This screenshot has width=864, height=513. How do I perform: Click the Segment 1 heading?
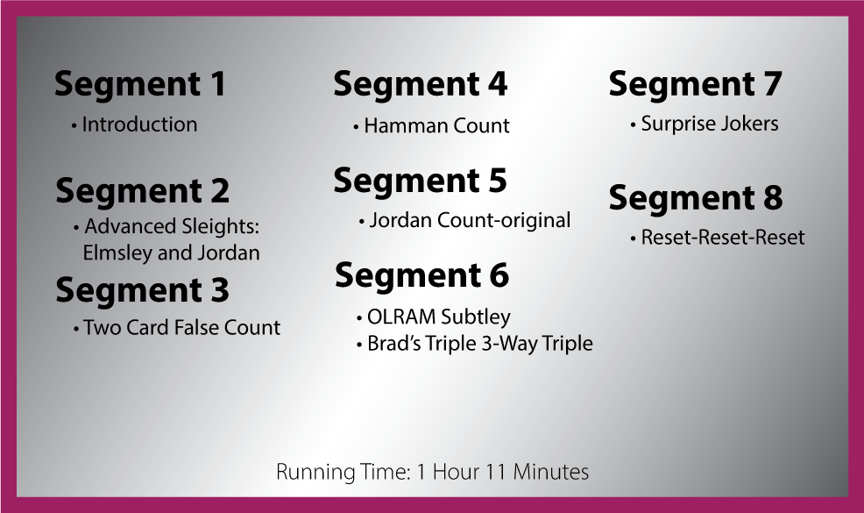click(140, 85)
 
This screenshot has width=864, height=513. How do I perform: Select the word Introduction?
click(139, 125)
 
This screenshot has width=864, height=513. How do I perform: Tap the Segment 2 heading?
click(142, 191)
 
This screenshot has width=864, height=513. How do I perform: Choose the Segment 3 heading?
click(142, 291)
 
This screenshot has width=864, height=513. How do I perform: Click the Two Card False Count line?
click(182, 328)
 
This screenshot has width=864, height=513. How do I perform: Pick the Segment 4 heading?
click(420, 85)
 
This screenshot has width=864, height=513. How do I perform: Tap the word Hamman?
click(399, 125)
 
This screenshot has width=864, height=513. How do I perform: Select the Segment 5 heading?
click(420, 182)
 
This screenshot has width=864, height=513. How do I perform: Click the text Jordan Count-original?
click(470, 221)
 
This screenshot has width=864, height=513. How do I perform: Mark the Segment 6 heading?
click(422, 276)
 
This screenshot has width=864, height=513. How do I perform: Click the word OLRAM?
click(401, 317)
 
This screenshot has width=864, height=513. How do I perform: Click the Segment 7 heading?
click(696, 85)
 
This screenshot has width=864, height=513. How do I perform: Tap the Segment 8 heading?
click(696, 198)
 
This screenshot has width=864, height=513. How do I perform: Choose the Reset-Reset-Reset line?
click(722, 238)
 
